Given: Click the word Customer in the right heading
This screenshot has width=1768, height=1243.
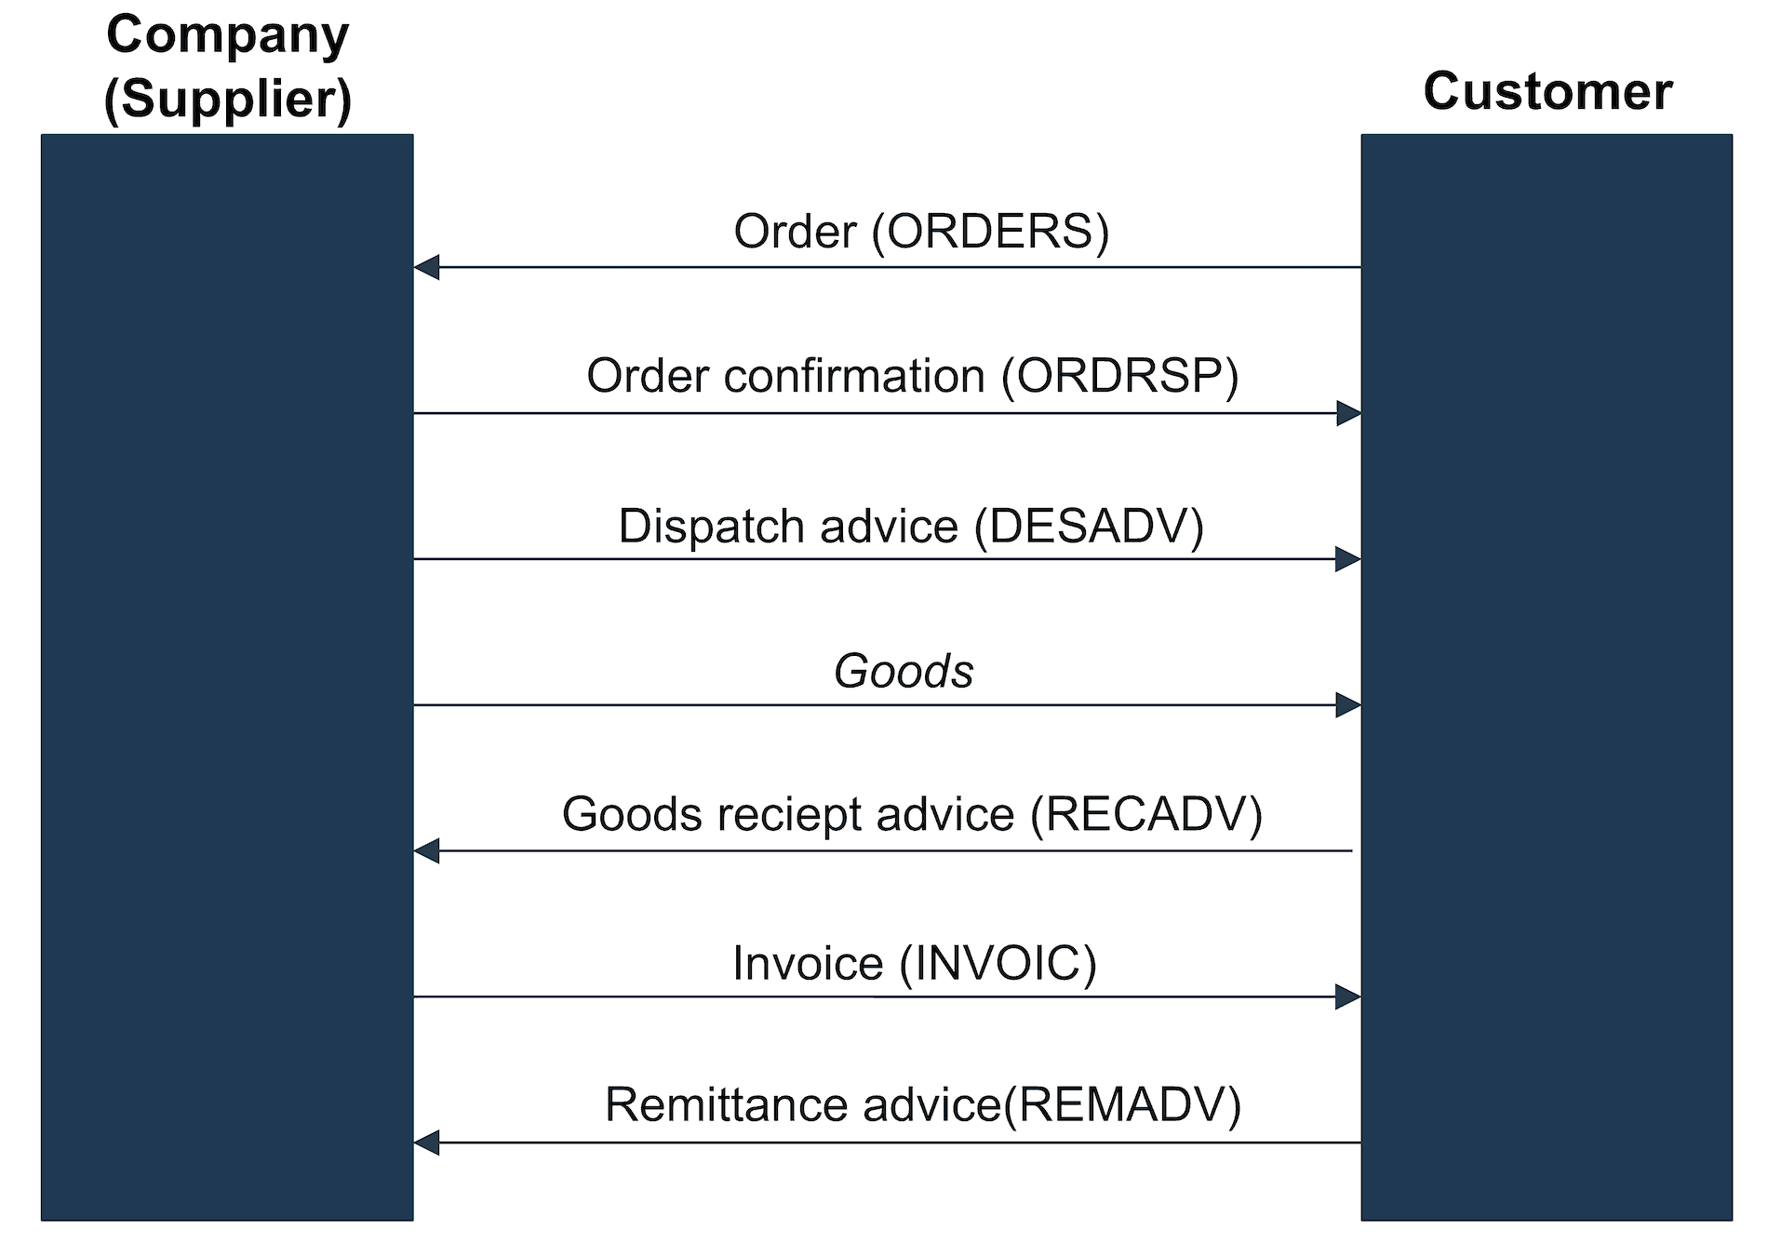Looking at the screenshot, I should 1547,92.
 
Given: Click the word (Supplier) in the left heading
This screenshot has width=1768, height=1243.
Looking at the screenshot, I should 228,100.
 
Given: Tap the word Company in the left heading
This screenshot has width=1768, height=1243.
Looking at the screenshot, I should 228,35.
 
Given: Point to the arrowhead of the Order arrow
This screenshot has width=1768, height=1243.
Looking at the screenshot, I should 426,268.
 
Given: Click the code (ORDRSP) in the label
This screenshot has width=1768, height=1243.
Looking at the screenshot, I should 1120,377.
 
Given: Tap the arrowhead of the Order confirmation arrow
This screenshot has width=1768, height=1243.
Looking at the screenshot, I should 1348,413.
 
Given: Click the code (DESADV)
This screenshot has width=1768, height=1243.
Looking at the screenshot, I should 1089,527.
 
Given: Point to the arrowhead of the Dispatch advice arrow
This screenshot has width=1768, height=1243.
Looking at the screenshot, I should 1348,559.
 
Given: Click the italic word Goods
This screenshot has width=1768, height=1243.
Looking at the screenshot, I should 904,672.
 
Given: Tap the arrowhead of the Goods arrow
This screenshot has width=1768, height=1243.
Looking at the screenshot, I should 1348,705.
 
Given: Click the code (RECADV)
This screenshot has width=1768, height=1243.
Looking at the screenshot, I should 1146,815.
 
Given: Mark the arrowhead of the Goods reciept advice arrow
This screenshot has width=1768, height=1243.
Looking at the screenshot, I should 426,850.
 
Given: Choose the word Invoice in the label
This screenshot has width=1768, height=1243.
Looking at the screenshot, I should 807,964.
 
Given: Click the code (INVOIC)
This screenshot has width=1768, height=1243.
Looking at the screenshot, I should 998,964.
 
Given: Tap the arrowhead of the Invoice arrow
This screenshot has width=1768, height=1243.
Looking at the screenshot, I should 1348,997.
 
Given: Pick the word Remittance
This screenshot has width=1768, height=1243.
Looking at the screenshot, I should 727,1106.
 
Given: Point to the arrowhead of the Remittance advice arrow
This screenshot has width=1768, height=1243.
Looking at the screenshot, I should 426,1143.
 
